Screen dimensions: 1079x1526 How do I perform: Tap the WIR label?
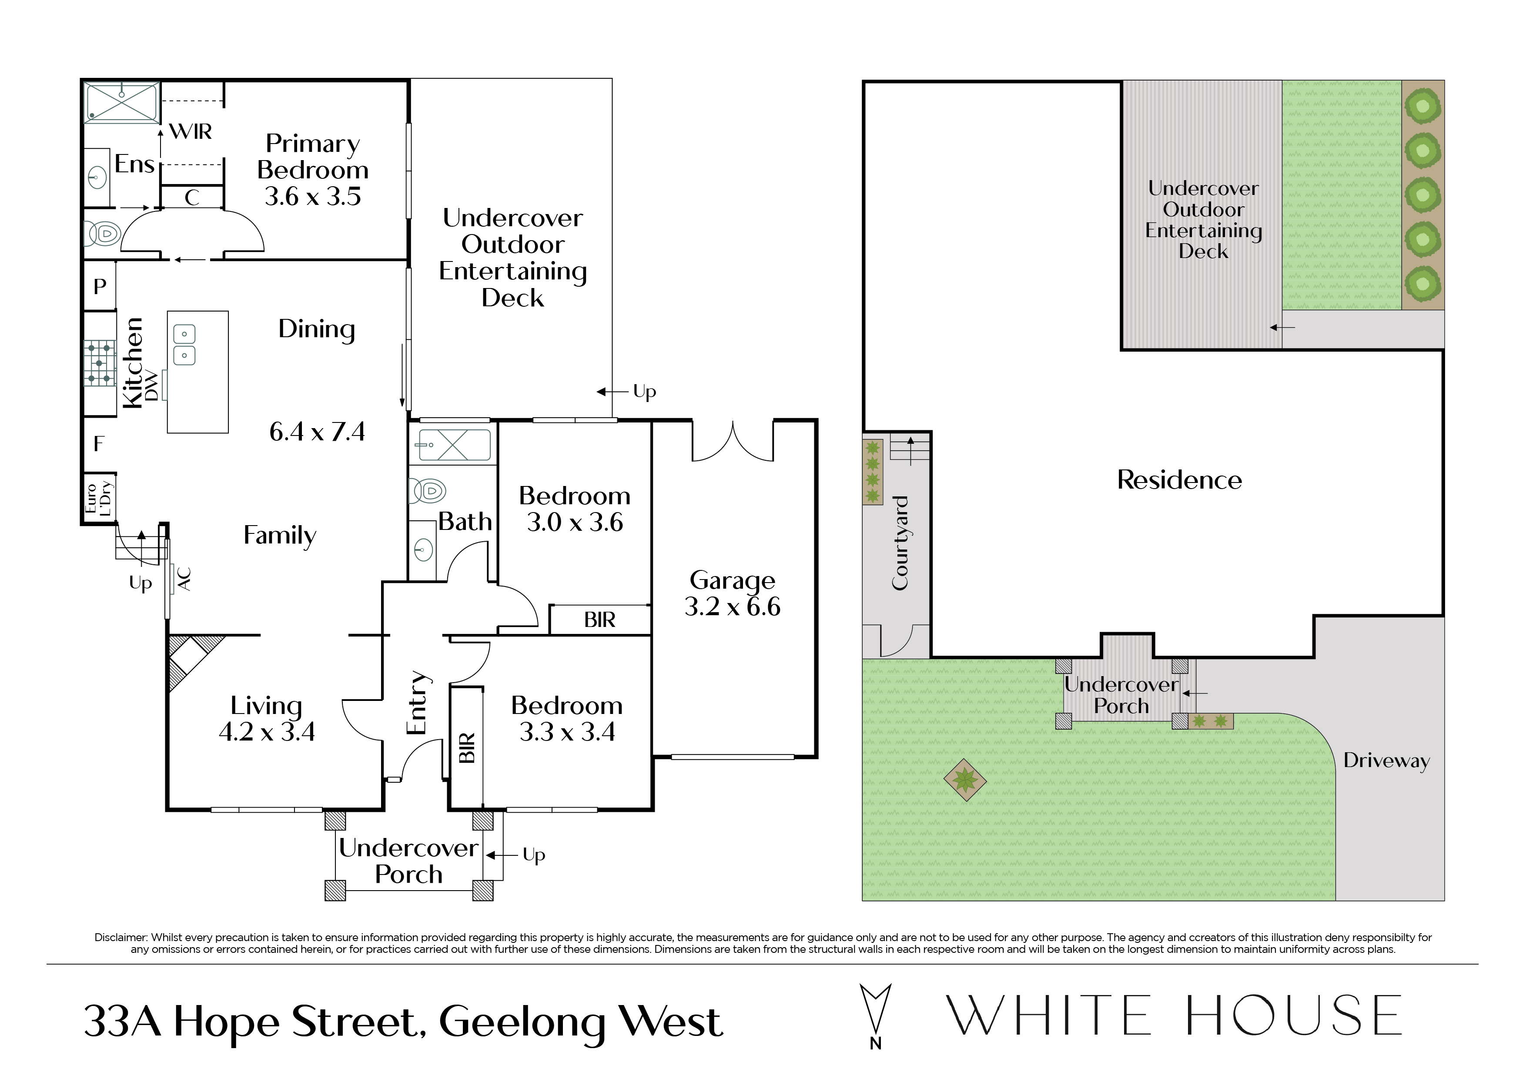coord(191,132)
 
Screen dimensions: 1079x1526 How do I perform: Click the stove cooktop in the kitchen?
coord(99,363)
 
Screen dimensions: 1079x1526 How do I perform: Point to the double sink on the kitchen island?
coord(184,345)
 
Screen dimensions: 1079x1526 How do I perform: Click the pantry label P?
coord(100,287)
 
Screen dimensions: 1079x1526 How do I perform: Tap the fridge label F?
coord(99,443)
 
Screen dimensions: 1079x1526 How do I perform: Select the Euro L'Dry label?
coord(98,499)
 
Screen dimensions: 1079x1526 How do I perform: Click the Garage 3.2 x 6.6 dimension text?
coord(733,607)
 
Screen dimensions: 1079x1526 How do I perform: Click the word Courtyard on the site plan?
coord(900,543)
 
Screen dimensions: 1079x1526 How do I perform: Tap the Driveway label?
coord(1386,761)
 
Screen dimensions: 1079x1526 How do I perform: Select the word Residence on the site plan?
coord(1179,480)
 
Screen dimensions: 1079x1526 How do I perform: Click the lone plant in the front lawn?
coord(964,780)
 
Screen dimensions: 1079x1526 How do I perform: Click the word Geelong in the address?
coord(522,1022)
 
